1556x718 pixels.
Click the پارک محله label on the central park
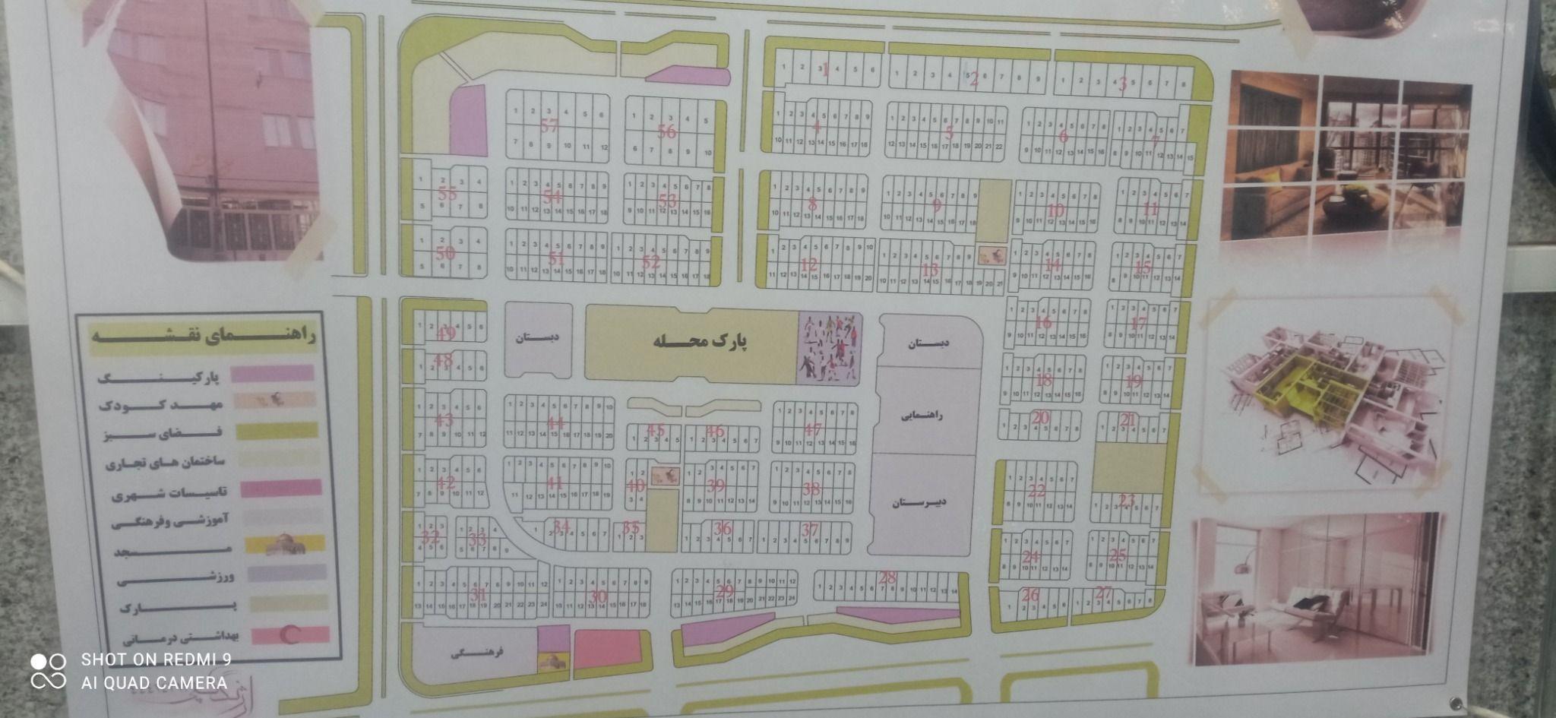tap(701, 341)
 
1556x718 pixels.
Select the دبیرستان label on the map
tap(921, 502)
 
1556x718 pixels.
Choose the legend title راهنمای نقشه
tap(204, 334)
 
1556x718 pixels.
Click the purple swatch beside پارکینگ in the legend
tap(271, 373)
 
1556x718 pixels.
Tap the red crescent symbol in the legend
tap(289, 635)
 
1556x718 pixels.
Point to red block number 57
tap(549, 126)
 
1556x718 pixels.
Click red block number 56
tap(666, 132)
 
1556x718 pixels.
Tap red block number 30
tap(599, 596)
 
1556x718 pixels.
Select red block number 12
tap(808, 265)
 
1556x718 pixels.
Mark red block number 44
tap(555, 423)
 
